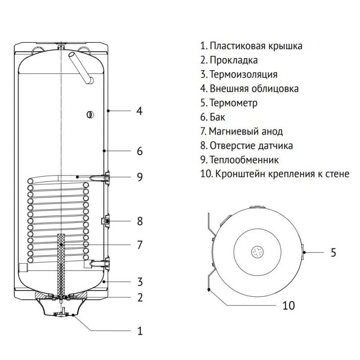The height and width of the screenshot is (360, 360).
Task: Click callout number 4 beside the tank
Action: point(140,110)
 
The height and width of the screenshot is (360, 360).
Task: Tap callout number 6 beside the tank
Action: point(140,151)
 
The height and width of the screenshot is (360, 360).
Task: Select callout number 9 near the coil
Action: point(140,177)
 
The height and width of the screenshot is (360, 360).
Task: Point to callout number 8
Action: point(140,221)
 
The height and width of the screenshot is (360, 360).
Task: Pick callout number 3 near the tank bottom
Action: point(140,282)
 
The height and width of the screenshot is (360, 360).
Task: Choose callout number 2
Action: point(140,297)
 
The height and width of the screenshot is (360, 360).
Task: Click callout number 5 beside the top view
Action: point(333,252)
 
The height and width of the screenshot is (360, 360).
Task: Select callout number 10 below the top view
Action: point(288,306)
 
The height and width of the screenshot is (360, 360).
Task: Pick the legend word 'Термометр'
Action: point(234,103)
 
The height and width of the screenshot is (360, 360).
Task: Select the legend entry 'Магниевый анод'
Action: point(246,131)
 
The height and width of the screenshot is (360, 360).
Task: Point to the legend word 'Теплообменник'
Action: point(244,160)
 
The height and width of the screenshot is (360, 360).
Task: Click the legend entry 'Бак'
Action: point(217,117)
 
